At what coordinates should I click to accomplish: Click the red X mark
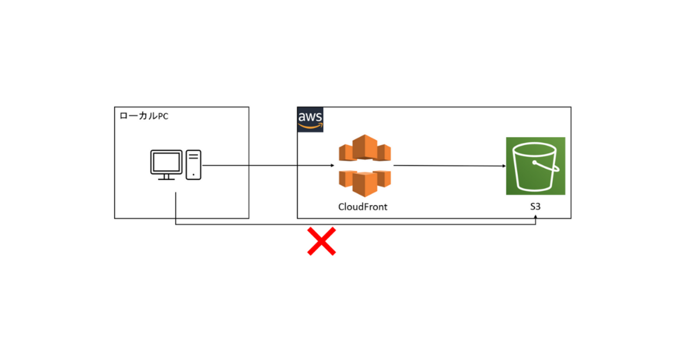(321, 242)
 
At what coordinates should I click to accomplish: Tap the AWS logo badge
(310, 119)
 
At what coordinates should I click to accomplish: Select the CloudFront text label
(363, 207)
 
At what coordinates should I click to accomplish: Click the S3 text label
(535, 207)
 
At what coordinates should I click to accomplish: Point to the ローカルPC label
(144, 115)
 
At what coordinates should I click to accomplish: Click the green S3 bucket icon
(535, 166)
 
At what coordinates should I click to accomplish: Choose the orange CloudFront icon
(365, 166)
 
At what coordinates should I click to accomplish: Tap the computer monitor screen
(167, 161)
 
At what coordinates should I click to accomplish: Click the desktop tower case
(194, 164)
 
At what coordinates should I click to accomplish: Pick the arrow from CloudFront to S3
(448, 166)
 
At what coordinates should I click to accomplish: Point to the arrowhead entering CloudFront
(332, 166)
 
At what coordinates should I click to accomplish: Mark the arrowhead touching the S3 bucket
(503, 166)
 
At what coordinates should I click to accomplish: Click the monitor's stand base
(167, 179)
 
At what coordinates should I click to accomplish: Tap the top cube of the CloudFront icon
(365, 144)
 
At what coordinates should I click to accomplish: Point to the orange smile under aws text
(310, 126)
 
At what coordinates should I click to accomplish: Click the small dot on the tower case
(194, 174)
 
